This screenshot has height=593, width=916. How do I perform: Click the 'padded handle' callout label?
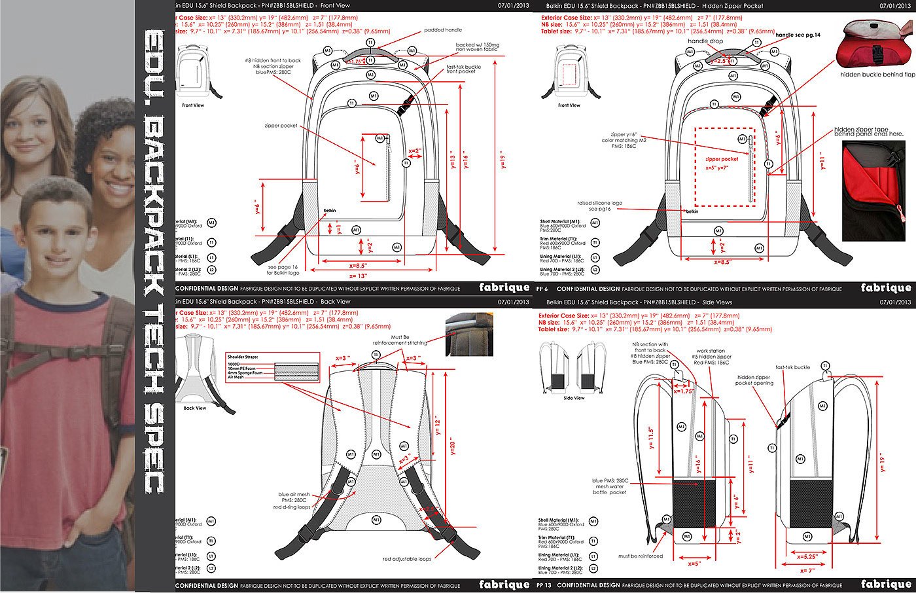coord(443,30)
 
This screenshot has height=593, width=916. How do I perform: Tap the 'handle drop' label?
coord(705,41)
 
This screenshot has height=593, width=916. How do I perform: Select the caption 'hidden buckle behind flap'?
coord(877,75)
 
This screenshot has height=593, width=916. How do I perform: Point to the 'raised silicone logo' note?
coord(599,206)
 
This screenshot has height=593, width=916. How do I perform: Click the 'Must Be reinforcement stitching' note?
coord(400,340)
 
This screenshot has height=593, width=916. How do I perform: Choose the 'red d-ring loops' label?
coord(292,507)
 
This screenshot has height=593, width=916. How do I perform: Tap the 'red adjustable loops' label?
coord(407,559)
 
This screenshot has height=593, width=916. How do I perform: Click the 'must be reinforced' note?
coord(641,556)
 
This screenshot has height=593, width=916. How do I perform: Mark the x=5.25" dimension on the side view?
coord(806,557)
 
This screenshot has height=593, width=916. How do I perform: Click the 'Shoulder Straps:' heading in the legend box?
coord(243,357)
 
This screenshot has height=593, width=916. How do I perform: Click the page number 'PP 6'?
coord(542,289)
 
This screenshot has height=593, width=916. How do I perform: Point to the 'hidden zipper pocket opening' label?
coord(754,380)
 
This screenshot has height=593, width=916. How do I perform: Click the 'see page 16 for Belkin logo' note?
coord(283,270)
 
